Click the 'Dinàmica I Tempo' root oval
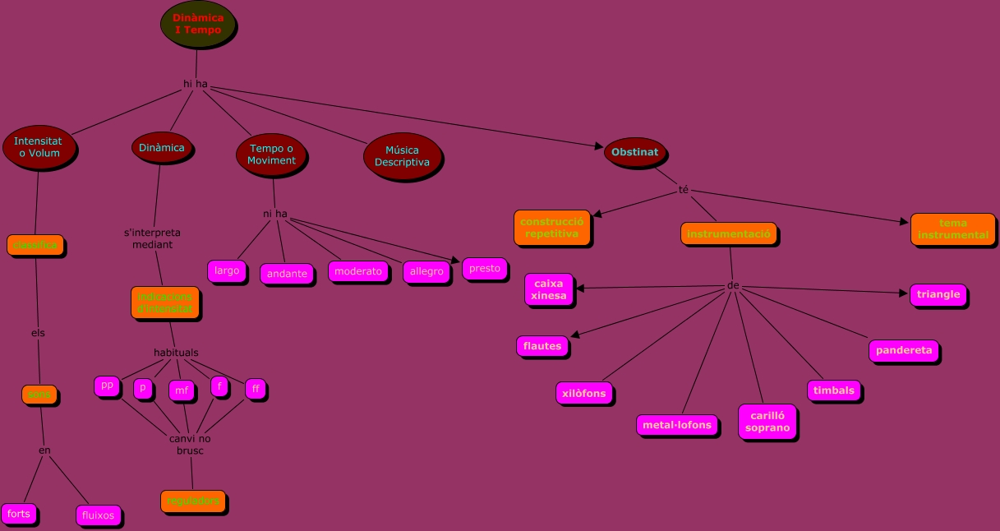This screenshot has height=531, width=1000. point(197,24)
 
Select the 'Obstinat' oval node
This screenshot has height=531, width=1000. point(634,152)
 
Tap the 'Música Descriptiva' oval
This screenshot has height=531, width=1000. point(402,156)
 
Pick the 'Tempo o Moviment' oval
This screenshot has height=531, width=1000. point(271,155)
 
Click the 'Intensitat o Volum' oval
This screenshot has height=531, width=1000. point(39,147)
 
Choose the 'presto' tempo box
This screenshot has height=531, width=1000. point(484,269)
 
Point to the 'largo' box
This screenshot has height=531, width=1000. point(227,270)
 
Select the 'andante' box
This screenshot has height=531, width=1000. point(287,274)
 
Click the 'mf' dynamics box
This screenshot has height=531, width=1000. point(182,390)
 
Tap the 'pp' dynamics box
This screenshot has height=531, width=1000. point(107,385)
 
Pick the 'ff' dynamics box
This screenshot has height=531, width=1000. point(256,388)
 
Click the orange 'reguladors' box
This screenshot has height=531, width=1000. point(192,501)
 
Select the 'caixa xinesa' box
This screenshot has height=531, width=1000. point(548,289)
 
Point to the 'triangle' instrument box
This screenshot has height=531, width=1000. point(938,294)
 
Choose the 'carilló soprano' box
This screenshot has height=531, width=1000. point(767,421)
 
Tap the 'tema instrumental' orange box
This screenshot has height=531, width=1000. point(952,229)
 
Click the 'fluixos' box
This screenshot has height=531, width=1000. point(99,515)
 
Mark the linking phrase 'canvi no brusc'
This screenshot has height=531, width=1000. point(190,445)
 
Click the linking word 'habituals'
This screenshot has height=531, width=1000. point(176,353)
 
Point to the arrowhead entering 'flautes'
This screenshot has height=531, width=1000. point(574,335)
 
